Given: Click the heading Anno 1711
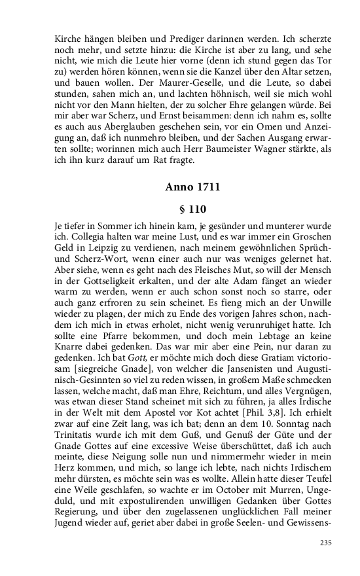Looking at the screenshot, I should click(192, 187).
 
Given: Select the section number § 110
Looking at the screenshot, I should click(192, 209).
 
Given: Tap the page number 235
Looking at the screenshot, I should click(325, 543).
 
